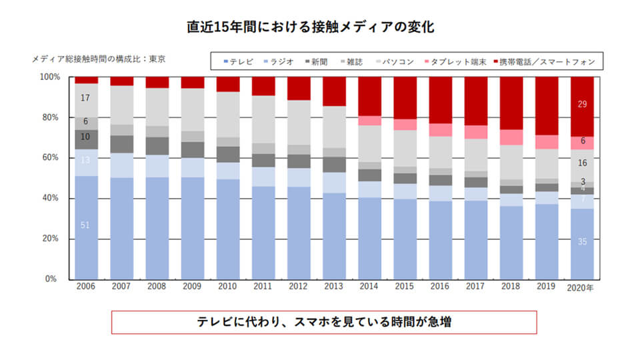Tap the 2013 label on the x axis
pos(333,287)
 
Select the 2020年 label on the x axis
pos(581,287)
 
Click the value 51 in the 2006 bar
pos(85,225)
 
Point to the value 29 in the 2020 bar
pos(581,105)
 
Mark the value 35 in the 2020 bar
pos(581,242)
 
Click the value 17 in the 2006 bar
pos(85,98)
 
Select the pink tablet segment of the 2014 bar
pos(369,121)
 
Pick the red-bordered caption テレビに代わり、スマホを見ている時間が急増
pos(323,322)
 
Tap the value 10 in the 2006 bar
pos(85,137)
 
